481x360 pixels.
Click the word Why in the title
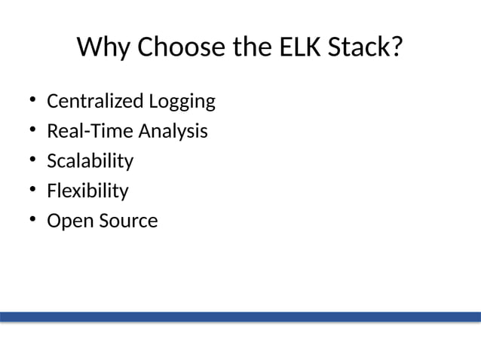(x=102, y=48)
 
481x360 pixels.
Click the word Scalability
(x=90, y=161)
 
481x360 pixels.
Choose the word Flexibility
(x=87, y=191)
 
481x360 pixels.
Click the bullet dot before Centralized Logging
(x=33, y=100)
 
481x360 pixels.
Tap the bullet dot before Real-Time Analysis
(x=33, y=130)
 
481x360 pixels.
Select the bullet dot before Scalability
(x=33, y=160)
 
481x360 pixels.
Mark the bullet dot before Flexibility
(x=33, y=191)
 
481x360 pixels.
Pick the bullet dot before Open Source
(x=33, y=221)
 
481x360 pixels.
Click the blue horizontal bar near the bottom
(x=240, y=316)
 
